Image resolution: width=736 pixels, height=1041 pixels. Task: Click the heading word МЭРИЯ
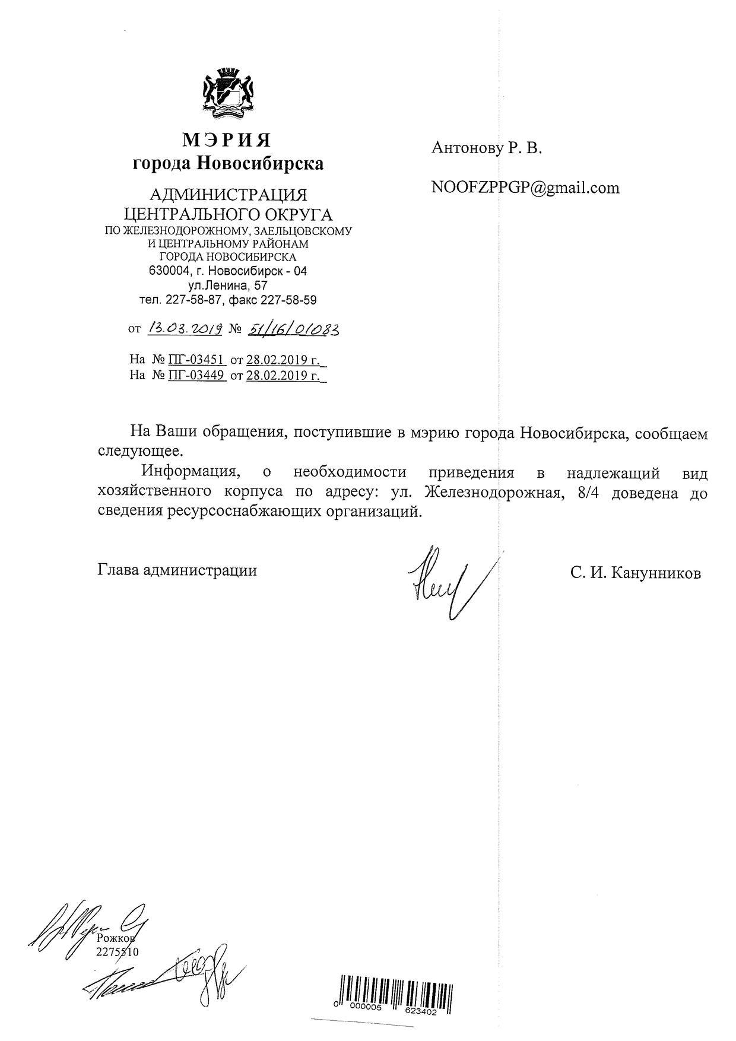coord(227,140)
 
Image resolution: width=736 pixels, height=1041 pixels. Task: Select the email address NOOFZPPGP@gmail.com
coord(525,188)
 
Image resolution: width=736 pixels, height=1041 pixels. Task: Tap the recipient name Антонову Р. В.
coord(487,148)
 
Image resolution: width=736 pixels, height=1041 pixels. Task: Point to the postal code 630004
coord(169,271)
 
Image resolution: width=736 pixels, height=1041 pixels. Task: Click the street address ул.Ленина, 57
coord(228,285)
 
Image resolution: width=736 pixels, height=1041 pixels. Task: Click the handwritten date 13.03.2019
coord(185,328)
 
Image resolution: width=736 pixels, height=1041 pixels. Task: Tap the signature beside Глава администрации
coord(445,582)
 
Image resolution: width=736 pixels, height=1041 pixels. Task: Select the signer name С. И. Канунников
coord(635,573)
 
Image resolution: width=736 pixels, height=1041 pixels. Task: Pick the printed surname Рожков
coord(116,939)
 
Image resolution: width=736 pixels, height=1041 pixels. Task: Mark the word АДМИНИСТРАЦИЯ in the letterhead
coord(228,195)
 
